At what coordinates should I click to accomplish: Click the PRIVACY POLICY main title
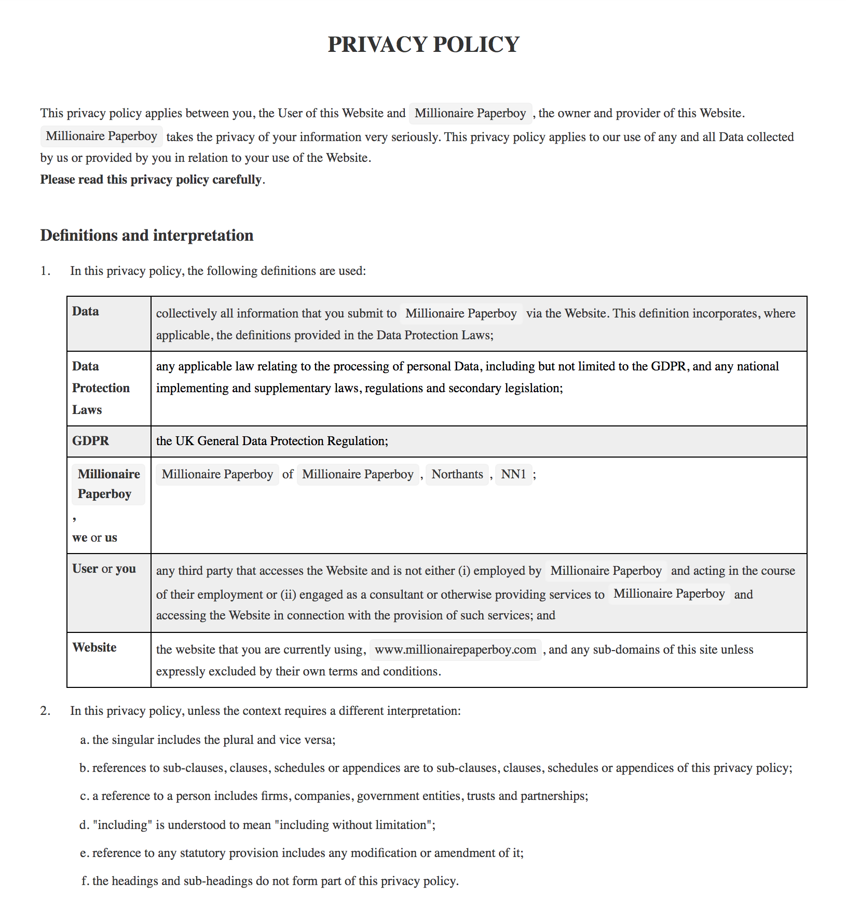(x=423, y=45)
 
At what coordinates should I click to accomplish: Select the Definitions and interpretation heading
(x=147, y=236)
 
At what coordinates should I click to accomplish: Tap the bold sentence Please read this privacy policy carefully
(x=151, y=180)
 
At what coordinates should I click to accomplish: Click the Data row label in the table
(x=86, y=311)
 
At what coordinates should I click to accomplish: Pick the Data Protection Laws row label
(x=101, y=388)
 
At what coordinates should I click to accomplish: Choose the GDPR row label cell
(x=91, y=441)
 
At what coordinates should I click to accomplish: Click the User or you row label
(x=104, y=569)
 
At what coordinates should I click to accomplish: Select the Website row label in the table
(x=94, y=647)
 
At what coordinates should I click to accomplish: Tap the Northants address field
(x=457, y=474)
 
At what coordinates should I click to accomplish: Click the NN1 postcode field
(x=513, y=474)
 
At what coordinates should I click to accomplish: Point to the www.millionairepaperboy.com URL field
(x=455, y=650)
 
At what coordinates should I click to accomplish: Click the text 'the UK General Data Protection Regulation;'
(x=272, y=441)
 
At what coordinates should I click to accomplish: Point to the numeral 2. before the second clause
(x=46, y=711)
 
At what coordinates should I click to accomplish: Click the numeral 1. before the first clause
(x=46, y=271)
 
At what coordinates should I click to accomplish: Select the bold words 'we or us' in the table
(x=94, y=537)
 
